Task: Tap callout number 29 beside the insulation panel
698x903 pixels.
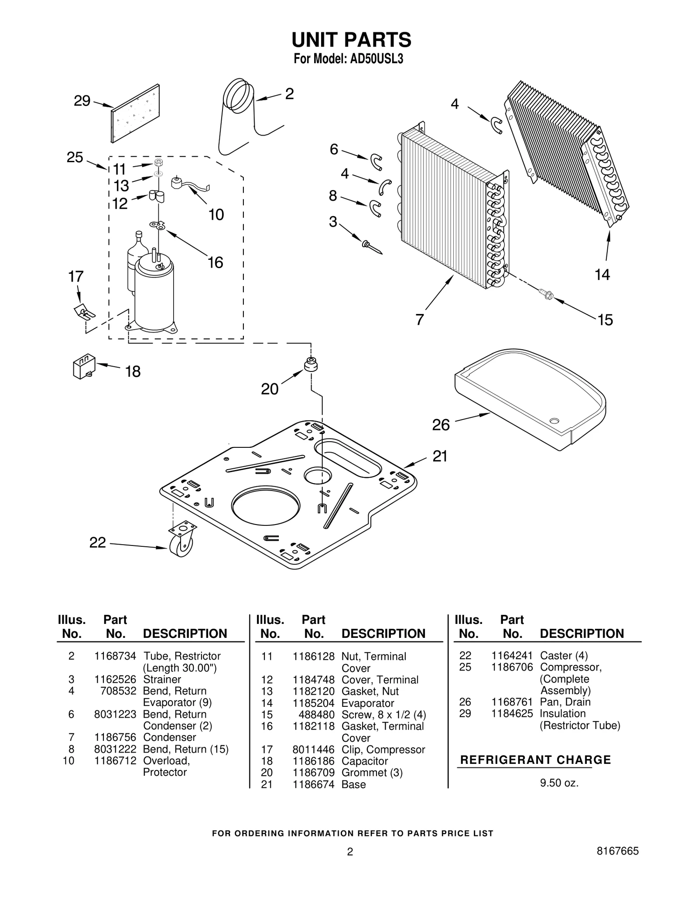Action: click(82, 101)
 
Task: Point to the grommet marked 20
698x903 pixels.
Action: click(311, 364)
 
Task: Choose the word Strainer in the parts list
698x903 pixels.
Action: click(162, 679)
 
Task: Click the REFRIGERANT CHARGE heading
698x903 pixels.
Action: click(535, 760)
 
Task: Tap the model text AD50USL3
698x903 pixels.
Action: click(376, 59)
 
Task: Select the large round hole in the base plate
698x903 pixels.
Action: click(266, 504)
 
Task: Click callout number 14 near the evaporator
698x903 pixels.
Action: click(602, 275)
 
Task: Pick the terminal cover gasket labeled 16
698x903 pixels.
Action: click(158, 225)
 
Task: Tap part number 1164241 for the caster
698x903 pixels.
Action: click(512, 656)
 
